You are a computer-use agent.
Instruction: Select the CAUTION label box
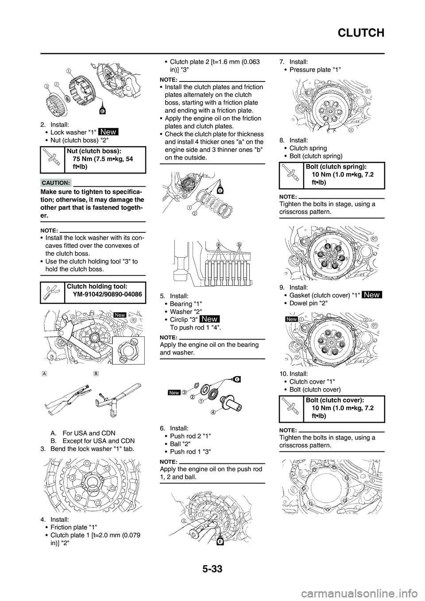(x=56, y=182)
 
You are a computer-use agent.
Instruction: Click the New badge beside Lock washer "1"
(x=108, y=131)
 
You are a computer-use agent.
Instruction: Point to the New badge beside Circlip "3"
(x=209, y=319)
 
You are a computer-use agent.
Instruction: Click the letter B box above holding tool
(x=97, y=373)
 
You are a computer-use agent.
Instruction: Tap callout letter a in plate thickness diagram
(x=218, y=244)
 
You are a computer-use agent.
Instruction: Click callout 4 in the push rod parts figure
(x=213, y=412)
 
